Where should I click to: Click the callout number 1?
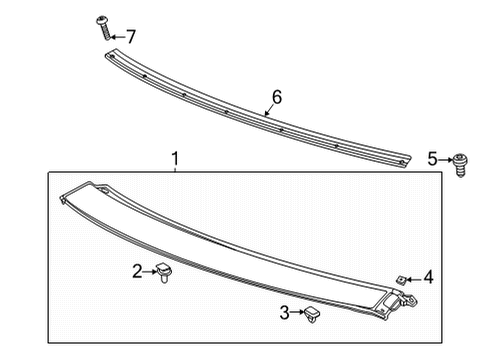tap(175, 159)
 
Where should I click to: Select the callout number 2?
tap(138, 270)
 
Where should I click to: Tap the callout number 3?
tap(285, 313)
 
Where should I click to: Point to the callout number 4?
tap(428, 277)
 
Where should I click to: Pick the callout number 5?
tap(433, 159)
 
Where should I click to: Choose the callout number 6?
tap(277, 97)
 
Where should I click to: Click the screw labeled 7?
tap(103, 26)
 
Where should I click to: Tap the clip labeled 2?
tap(164, 271)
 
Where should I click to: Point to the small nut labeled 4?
tap(400, 279)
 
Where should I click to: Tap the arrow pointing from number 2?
tap(150, 270)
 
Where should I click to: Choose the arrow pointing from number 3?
tap(297, 313)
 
